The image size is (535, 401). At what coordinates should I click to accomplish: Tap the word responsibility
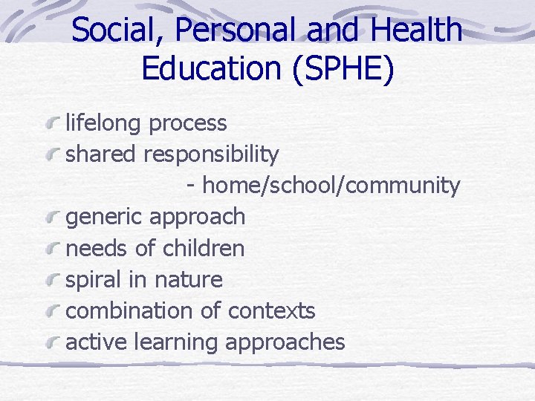(x=211, y=154)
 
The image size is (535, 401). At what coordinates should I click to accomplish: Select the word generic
(x=104, y=218)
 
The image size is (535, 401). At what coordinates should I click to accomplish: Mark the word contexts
(x=271, y=310)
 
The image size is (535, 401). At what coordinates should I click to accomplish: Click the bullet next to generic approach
(x=52, y=216)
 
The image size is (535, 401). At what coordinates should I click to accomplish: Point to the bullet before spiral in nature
(x=52, y=279)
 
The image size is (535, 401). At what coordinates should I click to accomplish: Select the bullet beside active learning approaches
(x=52, y=342)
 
